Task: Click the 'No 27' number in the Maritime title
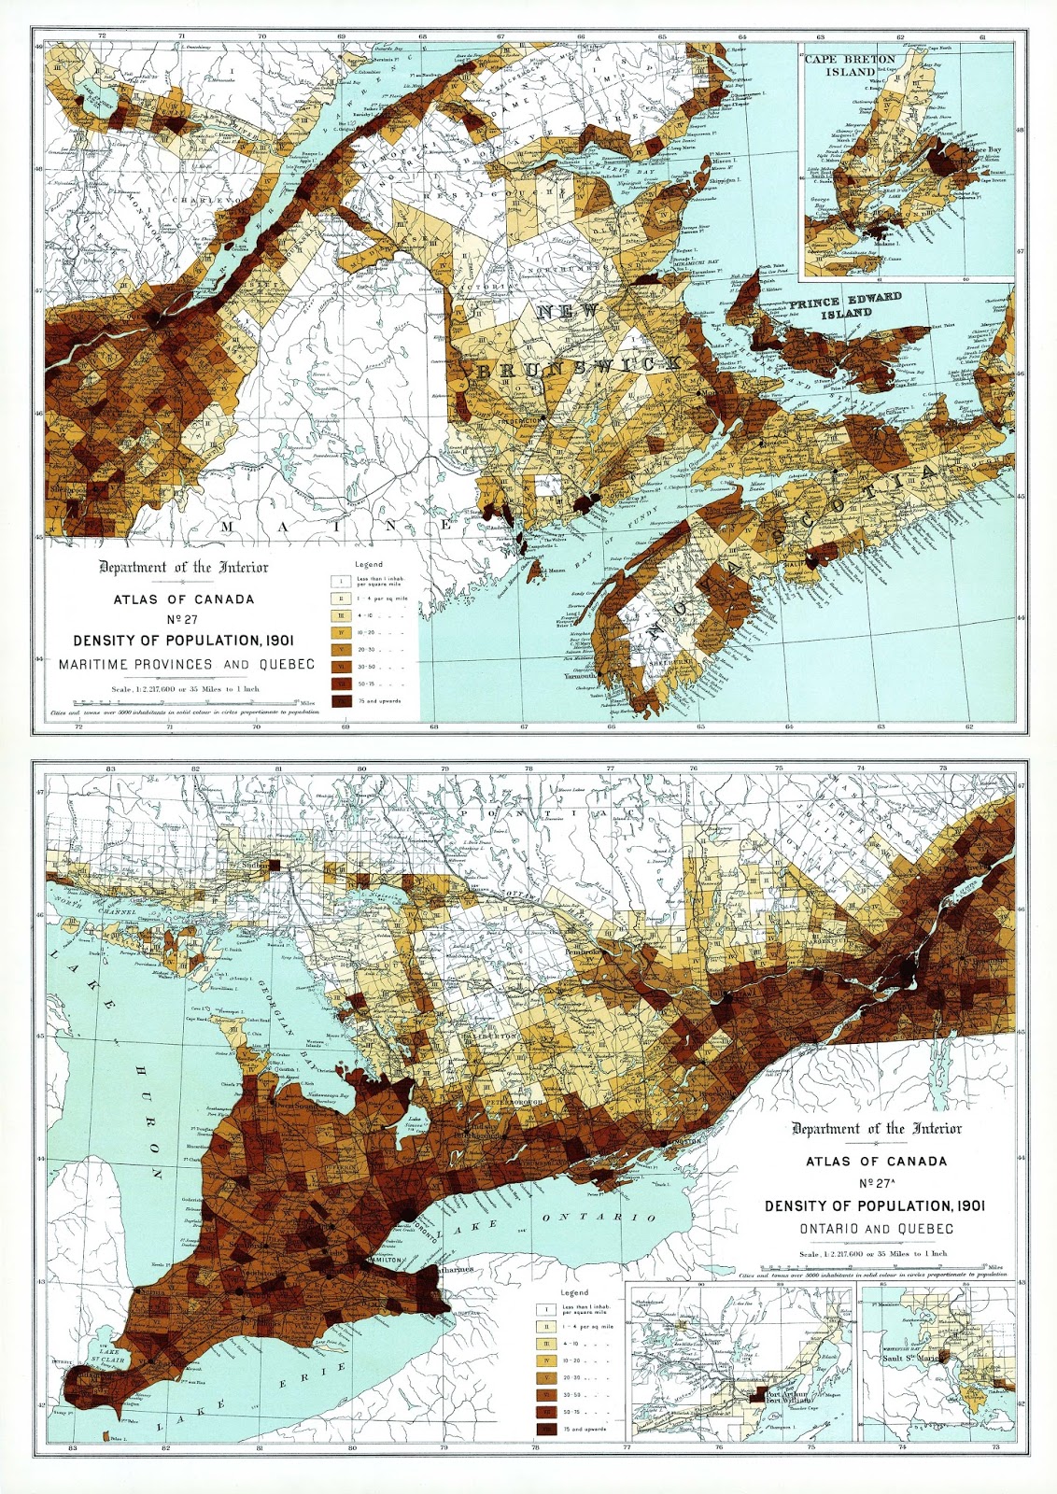[x=183, y=619]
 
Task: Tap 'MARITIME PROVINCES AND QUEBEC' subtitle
[x=187, y=665]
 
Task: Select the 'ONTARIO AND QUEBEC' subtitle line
[x=876, y=1229]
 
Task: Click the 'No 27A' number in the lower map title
[x=877, y=1183]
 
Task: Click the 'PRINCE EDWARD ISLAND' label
[x=845, y=305]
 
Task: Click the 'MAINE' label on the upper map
[x=336, y=528]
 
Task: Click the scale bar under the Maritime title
[x=187, y=699]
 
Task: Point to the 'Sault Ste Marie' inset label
[x=912, y=1359]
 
